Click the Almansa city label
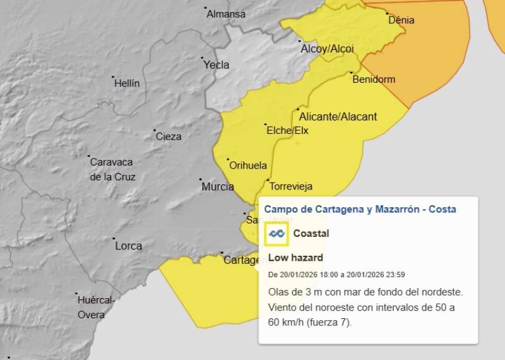tap(226, 13)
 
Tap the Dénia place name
tap(401, 20)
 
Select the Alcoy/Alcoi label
tap(327, 49)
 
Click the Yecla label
tap(216, 64)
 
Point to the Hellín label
tap(128, 83)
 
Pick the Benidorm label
tap(374, 79)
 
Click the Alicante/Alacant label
tap(338, 116)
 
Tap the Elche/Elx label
tap(288, 131)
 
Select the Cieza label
tap(169, 136)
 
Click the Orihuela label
tap(248, 165)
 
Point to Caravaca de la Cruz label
tap(113, 169)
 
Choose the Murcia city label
tap(218, 186)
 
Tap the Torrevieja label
tap(291, 186)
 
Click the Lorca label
tap(128, 245)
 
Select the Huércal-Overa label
tap(95, 307)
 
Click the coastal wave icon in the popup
tap(276, 234)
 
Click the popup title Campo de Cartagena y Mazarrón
tap(360, 209)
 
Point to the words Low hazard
tap(295, 258)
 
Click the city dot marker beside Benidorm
tap(351, 73)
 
